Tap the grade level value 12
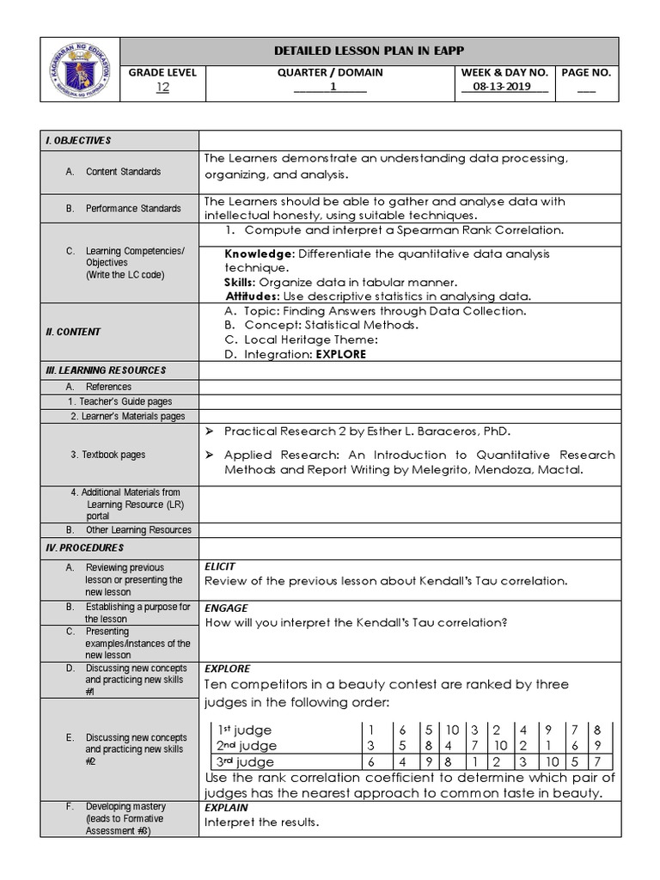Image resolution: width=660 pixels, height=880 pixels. (162, 87)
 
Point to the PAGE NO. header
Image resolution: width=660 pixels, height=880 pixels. (585, 72)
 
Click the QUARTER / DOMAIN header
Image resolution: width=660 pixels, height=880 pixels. (330, 72)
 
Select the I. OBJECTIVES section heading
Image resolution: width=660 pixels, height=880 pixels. (79, 140)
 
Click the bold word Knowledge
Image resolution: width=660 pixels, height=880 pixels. (258, 254)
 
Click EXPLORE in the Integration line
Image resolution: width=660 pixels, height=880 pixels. (341, 354)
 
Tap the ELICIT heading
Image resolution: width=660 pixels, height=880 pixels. (219, 567)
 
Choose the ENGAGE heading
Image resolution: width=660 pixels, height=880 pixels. (225, 608)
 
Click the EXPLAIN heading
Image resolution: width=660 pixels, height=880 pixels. (226, 808)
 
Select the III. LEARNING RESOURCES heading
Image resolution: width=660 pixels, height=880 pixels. (106, 370)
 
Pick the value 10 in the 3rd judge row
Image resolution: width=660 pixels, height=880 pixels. (553, 761)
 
